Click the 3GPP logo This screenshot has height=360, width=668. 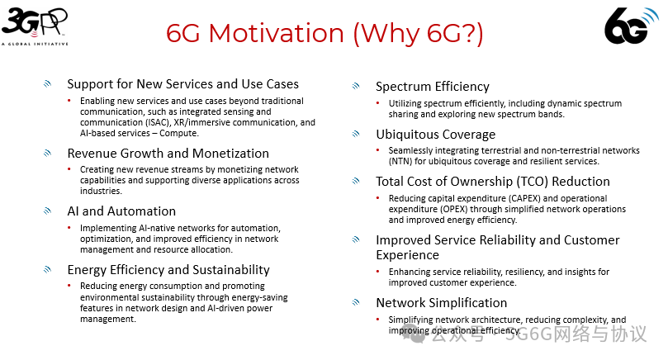click(x=35, y=25)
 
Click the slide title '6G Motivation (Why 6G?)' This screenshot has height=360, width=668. click(x=325, y=34)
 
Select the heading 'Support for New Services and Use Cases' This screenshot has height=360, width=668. click(x=182, y=83)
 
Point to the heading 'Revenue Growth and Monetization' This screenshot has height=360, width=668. click(x=168, y=153)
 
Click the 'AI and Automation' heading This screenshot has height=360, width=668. click(x=121, y=211)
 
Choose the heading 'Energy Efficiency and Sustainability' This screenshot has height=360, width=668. click(x=168, y=269)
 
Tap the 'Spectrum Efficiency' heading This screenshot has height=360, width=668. click(x=432, y=86)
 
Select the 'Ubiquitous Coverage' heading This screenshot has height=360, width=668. click(x=435, y=134)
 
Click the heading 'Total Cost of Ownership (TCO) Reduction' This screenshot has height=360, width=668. click(x=493, y=182)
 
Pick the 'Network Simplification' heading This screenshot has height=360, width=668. click(x=441, y=302)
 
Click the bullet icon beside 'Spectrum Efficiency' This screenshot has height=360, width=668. click(x=356, y=86)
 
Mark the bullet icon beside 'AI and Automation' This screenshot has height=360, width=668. click(x=48, y=211)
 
